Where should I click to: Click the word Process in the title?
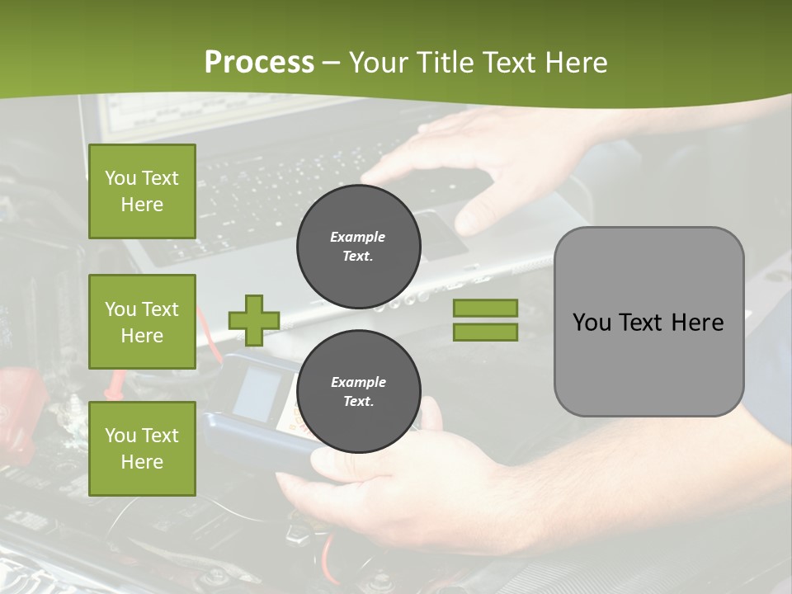point(259,63)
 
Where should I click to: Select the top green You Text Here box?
point(142,191)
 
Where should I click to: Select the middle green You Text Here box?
point(142,322)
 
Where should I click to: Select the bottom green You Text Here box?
point(142,448)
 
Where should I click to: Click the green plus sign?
point(254,320)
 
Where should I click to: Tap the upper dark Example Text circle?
point(358,247)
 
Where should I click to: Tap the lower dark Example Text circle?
point(358,392)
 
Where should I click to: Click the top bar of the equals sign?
point(485,308)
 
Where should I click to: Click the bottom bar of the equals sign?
point(485,332)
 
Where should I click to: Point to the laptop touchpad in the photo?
point(437,233)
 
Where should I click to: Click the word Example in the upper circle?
point(358,237)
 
